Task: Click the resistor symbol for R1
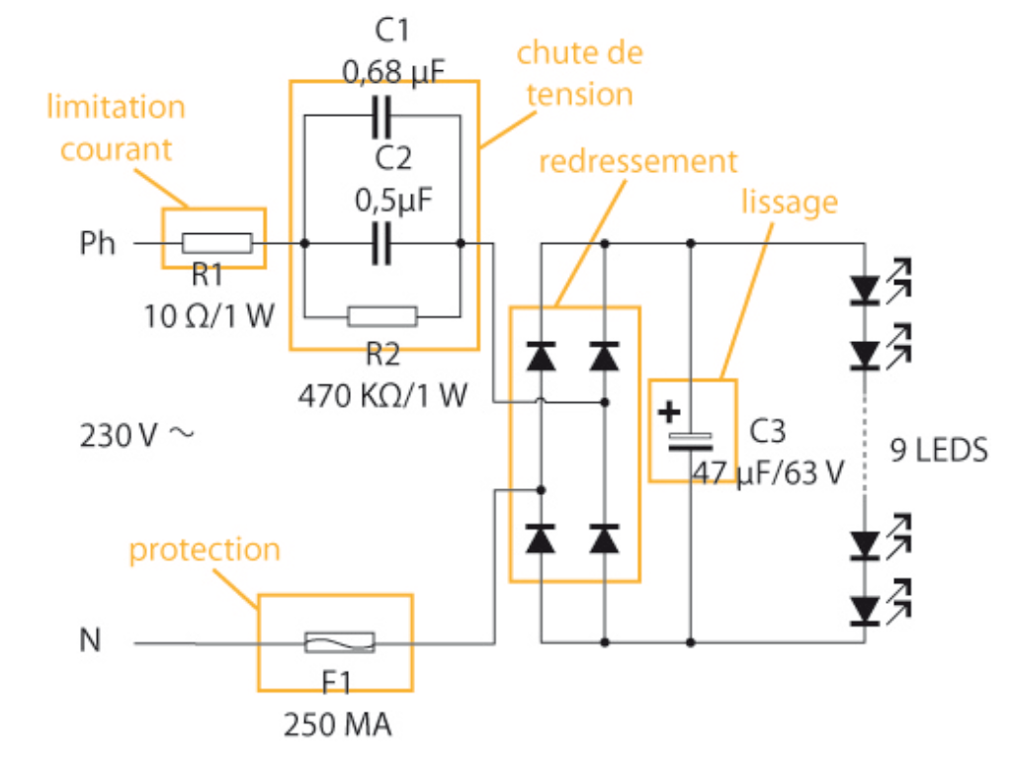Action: click(216, 243)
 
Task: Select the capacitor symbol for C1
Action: click(381, 118)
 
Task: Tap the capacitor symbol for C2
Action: click(381, 243)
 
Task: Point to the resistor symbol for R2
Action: click(381, 316)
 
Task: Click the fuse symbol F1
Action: click(339, 643)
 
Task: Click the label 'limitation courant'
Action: click(117, 127)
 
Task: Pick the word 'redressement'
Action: click(638, 160)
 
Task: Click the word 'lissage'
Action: click(790, 202)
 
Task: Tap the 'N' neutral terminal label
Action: click(90, 642)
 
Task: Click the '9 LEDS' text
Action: click(939, 451)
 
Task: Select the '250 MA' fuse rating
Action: click(338, 726)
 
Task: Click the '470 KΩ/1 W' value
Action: click(380, 395)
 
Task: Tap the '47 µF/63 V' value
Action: click(768, 472)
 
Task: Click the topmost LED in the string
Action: click(866, 290)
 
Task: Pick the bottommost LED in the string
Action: click(866, 609)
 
